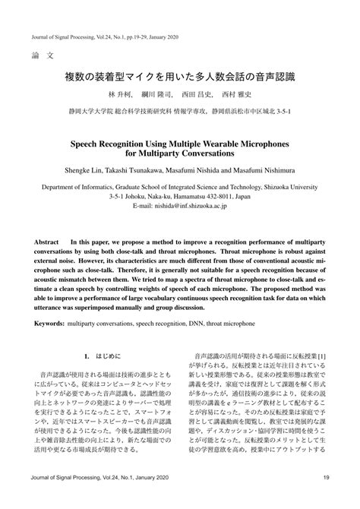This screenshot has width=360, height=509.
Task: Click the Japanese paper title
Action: [x=179, y=77]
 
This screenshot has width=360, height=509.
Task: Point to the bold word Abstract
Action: [x=48, y=242]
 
